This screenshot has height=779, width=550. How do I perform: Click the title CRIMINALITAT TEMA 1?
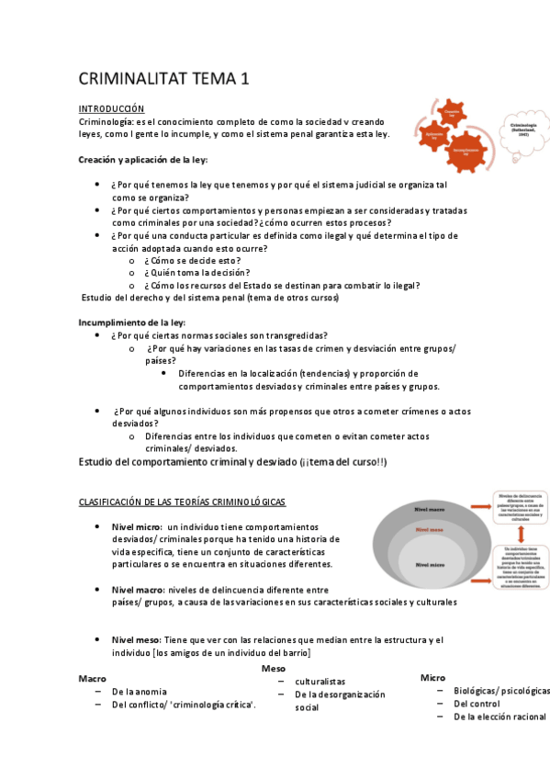163,79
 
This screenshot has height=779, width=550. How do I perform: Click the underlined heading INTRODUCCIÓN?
111,108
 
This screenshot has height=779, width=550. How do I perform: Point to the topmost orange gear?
451,111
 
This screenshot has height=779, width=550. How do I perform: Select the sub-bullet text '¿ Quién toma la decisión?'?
196,272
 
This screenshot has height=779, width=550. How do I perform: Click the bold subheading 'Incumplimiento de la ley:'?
132,322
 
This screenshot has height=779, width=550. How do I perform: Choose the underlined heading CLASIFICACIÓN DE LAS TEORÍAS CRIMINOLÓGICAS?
182,502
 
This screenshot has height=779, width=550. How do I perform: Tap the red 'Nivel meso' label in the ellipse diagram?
429,530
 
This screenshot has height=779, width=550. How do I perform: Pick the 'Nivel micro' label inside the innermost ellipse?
431,563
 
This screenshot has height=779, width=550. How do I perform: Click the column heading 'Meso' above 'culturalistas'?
274,668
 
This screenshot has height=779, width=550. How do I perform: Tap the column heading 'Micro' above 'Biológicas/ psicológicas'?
432,677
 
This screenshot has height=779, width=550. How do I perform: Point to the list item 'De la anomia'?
140,691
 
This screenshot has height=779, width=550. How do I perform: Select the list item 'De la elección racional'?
499,717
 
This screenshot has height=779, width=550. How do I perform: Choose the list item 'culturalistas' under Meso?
320,682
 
